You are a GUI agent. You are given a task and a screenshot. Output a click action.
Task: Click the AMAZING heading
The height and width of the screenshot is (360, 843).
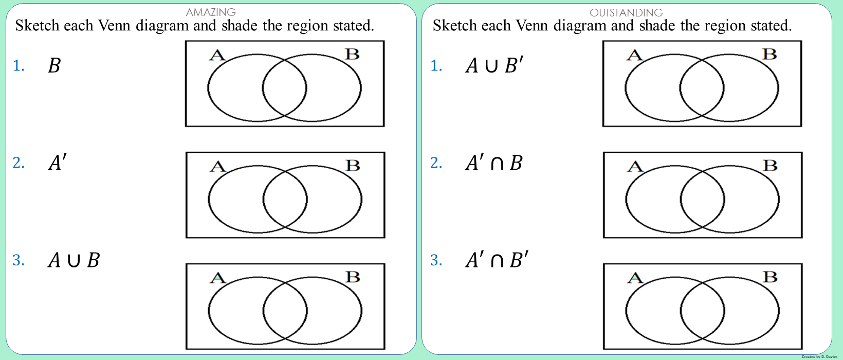[x=211, y=12]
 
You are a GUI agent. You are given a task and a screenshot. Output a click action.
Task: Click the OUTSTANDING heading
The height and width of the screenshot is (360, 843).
[x=626, y=13]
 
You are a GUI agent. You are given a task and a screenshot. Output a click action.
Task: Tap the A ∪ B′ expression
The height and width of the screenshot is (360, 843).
[x=494, y=65]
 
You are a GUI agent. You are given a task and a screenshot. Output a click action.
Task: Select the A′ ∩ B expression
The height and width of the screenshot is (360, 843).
[x=494, y=163]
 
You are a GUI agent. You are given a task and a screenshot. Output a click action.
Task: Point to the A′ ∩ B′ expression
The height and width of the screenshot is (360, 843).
[x=497, y=260]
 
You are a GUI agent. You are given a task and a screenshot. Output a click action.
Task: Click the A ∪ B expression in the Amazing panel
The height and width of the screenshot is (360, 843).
[x=74, y=260]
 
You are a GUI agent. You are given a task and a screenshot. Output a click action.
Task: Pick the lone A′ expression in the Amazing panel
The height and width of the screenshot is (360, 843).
[x=58, y=163]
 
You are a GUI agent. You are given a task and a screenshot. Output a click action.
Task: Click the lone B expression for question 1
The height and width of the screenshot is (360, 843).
[x=54, y=65]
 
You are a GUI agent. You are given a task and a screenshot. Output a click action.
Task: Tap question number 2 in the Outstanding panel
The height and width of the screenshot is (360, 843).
[x=436, y=163]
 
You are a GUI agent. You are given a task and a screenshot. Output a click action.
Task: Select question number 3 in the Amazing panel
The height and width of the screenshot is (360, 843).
[x=19, y=260]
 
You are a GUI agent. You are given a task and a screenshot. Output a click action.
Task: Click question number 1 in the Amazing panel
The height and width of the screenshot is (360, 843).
[x=19, y=66]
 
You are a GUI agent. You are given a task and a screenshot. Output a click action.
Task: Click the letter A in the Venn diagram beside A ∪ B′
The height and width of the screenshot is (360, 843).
[x=635, y=56]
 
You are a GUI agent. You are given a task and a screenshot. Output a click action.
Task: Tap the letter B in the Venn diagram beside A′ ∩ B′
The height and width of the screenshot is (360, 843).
[x=770, y=277]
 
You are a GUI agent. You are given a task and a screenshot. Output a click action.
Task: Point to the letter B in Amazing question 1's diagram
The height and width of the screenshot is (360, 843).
[x=353, y=54]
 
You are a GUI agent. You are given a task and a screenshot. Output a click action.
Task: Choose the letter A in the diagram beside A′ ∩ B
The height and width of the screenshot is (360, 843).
[x=635, y=166]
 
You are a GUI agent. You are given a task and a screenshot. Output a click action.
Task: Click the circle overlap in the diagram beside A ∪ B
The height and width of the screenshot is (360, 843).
[x=285, y=311]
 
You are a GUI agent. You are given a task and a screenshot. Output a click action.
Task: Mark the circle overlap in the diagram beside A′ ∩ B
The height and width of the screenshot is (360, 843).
[x=702, y=200]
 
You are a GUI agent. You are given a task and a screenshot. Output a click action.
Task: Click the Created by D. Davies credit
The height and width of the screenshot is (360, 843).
[x=819, y=356]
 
